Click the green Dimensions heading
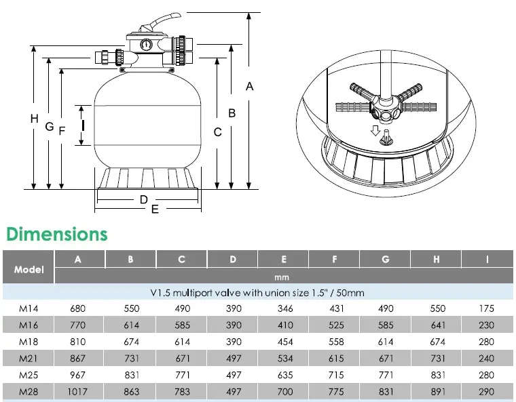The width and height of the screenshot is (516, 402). tap(57, 234)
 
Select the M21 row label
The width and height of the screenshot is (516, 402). tap(29, 359)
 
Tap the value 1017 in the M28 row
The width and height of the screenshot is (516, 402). tap(77, 391)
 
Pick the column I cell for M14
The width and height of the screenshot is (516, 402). tap(486, 308)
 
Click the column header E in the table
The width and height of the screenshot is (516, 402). tap(284, 260)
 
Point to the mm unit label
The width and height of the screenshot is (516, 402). tap(282, 277)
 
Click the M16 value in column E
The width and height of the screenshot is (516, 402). tap(285, 325)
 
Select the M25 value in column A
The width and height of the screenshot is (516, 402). tap(77, 375)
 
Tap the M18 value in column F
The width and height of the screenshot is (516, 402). tap(336, 342)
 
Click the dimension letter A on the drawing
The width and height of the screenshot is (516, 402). tap(249, 87)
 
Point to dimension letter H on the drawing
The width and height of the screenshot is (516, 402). tap(34, 119)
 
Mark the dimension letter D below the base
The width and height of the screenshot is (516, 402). tap(144, 199)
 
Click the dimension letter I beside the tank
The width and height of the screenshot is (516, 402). tap(84, 125)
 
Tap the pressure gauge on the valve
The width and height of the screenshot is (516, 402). tap(145, 44)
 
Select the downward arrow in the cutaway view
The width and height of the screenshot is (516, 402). tap(375, 130)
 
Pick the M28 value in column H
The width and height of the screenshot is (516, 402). tap(437, 391)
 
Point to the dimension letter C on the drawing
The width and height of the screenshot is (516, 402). tap(217, 132)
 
